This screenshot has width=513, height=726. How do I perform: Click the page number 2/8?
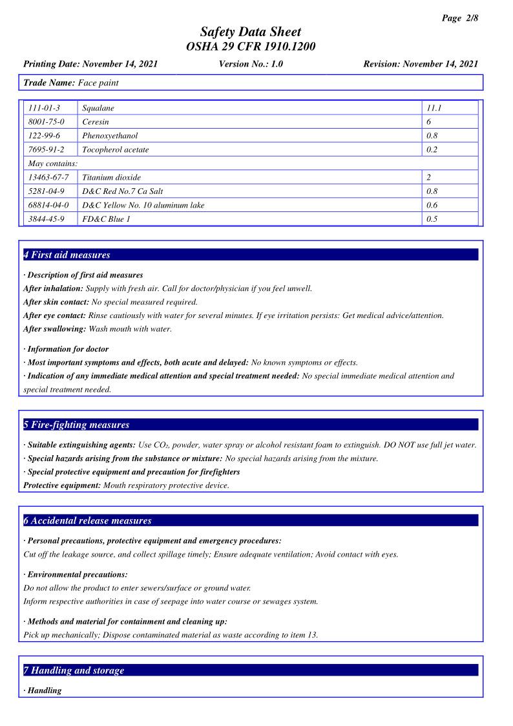point(461,18)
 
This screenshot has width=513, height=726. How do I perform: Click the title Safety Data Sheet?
point(251,32)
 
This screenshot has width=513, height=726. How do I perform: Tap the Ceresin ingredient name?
point(96,122)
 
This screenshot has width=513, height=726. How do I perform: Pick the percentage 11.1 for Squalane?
point(433,108)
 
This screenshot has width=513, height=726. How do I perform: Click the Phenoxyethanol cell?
point(110,136)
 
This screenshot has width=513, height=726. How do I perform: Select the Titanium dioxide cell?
point(111,177)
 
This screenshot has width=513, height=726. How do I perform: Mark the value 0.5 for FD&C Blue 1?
point(432,219)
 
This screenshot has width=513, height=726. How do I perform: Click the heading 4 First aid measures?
point(67,255)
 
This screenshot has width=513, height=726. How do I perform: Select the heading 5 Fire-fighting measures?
point(76,425)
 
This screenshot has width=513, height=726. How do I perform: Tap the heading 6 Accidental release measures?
point(87,520)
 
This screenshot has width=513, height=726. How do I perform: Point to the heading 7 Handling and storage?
point(74,670)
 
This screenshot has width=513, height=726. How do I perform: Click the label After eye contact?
point(55,315)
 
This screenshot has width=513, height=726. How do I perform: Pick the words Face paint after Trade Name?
point(98,83)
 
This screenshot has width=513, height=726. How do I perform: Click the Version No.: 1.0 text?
point(251,64)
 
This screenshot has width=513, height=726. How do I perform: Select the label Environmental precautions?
point(76,574)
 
